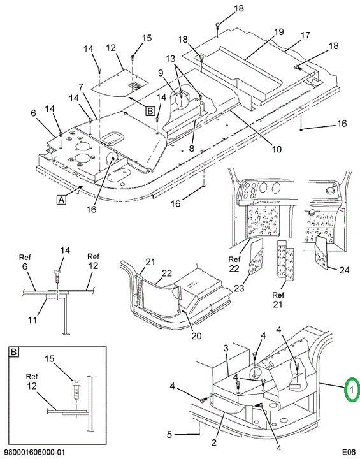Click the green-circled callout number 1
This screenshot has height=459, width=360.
[x=352, y=390]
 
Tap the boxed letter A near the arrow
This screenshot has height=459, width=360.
[x=61, y=200]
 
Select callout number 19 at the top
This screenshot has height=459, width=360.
[x=278, y=32]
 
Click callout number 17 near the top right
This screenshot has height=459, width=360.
[x=305, y=36]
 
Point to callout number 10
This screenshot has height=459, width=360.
[x=277, y=149]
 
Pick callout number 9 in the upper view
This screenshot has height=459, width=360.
[x=161, y=73]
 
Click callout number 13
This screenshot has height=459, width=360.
[x=170, y=59]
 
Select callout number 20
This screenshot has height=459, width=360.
[x=196, y=335]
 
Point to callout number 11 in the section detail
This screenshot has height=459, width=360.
[x=32, y=319]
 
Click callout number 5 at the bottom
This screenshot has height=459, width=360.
[x=169, y=434]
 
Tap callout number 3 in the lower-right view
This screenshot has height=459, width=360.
[x=226, y=348]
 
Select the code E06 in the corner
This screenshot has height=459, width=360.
[x=349, y=452]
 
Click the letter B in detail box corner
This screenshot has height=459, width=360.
[x=13, y=351]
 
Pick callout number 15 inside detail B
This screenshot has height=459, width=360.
[x=50, y=358]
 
